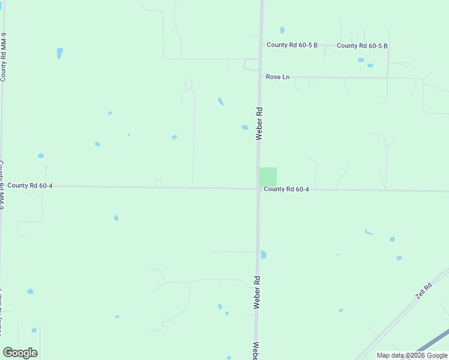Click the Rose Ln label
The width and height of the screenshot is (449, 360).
[x=277, y=77]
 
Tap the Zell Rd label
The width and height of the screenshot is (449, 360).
[x=424, y=292]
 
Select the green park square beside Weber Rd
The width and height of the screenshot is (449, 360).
[x=268, y=176]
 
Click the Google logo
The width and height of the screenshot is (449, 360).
[x=20, y=353]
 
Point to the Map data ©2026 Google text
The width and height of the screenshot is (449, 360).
[x=412, y=355]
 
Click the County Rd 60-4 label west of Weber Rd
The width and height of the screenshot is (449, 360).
[x=30, y=186]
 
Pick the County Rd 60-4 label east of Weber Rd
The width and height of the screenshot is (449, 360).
[x=286, y=190]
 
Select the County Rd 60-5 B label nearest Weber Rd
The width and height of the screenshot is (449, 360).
[x=292, y=45]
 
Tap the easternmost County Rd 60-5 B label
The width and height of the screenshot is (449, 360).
[x=362, y=46]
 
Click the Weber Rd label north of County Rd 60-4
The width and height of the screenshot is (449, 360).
[x=259, y=124]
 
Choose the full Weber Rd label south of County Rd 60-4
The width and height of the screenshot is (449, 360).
[x=257, y=292]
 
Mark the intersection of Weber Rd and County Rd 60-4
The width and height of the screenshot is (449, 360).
[x=258, y=189]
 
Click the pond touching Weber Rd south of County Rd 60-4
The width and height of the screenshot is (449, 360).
[x=263, y=254]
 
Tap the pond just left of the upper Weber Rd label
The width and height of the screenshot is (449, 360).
[x=245, y=127]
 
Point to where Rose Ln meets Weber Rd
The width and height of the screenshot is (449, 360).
[x=259, y=77]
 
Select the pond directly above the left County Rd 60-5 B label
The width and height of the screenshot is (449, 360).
[x=282, y=30]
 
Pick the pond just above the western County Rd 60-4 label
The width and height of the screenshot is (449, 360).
[x=41, y=155]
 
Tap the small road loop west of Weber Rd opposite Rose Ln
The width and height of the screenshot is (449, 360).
[x=250, y=65]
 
